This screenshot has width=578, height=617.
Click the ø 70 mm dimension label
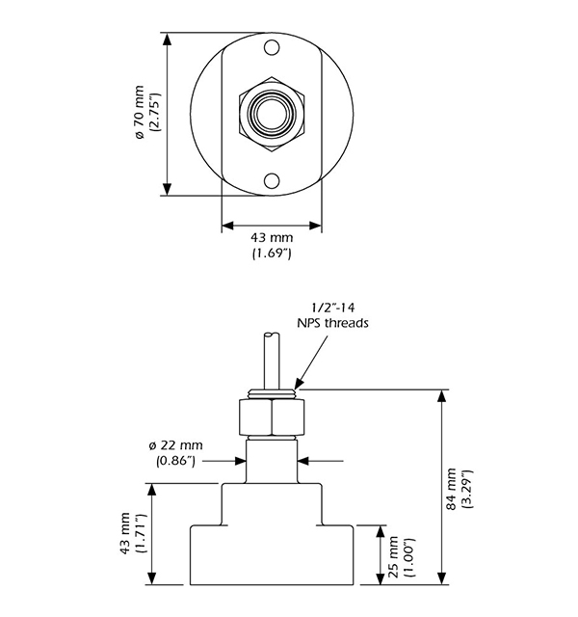click(139, 115)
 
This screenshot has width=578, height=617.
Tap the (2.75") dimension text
click(154, 115)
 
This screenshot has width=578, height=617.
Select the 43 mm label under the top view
click(272, 237)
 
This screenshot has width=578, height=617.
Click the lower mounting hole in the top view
click(273, 179)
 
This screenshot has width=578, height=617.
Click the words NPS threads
click(331, 325)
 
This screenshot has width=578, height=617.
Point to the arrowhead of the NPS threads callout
click(298, 384)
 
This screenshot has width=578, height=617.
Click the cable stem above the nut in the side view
click(269, 358)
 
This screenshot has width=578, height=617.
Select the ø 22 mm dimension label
click(176, 444)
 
